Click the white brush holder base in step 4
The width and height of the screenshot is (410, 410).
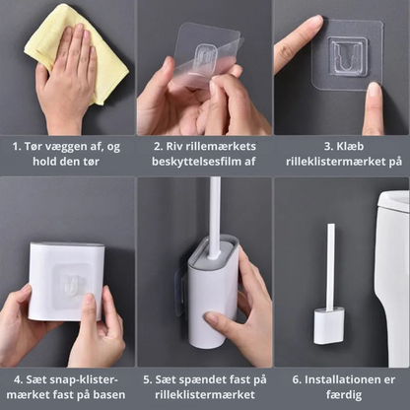(67, 281)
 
